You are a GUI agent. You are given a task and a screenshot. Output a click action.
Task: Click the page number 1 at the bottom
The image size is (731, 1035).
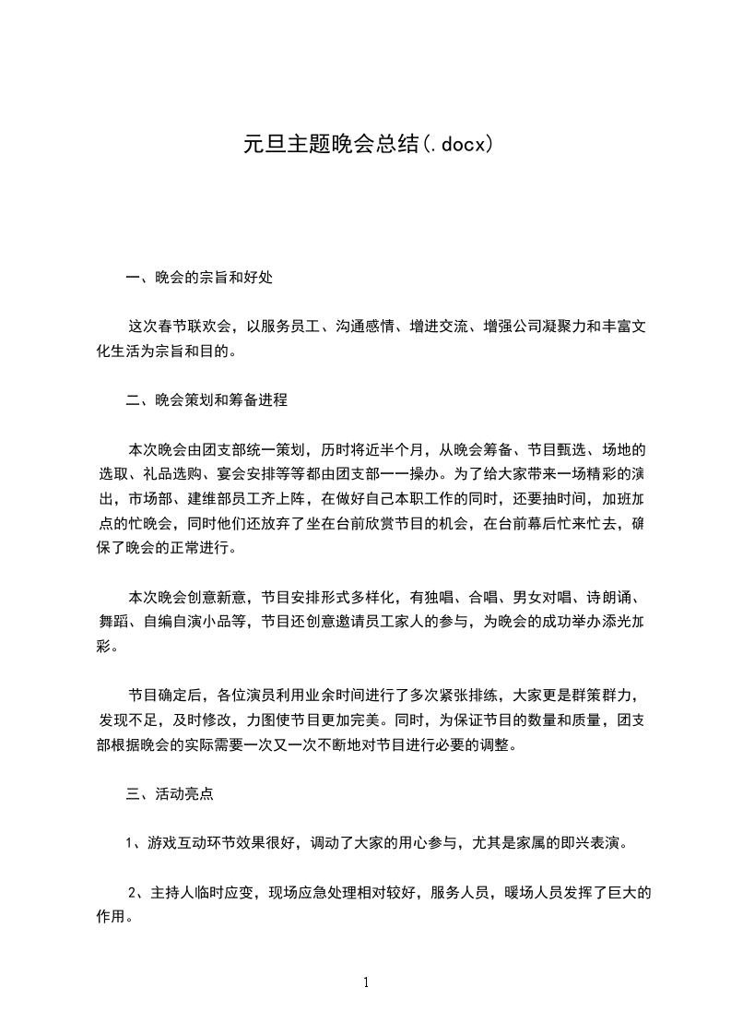coord(366,982)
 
